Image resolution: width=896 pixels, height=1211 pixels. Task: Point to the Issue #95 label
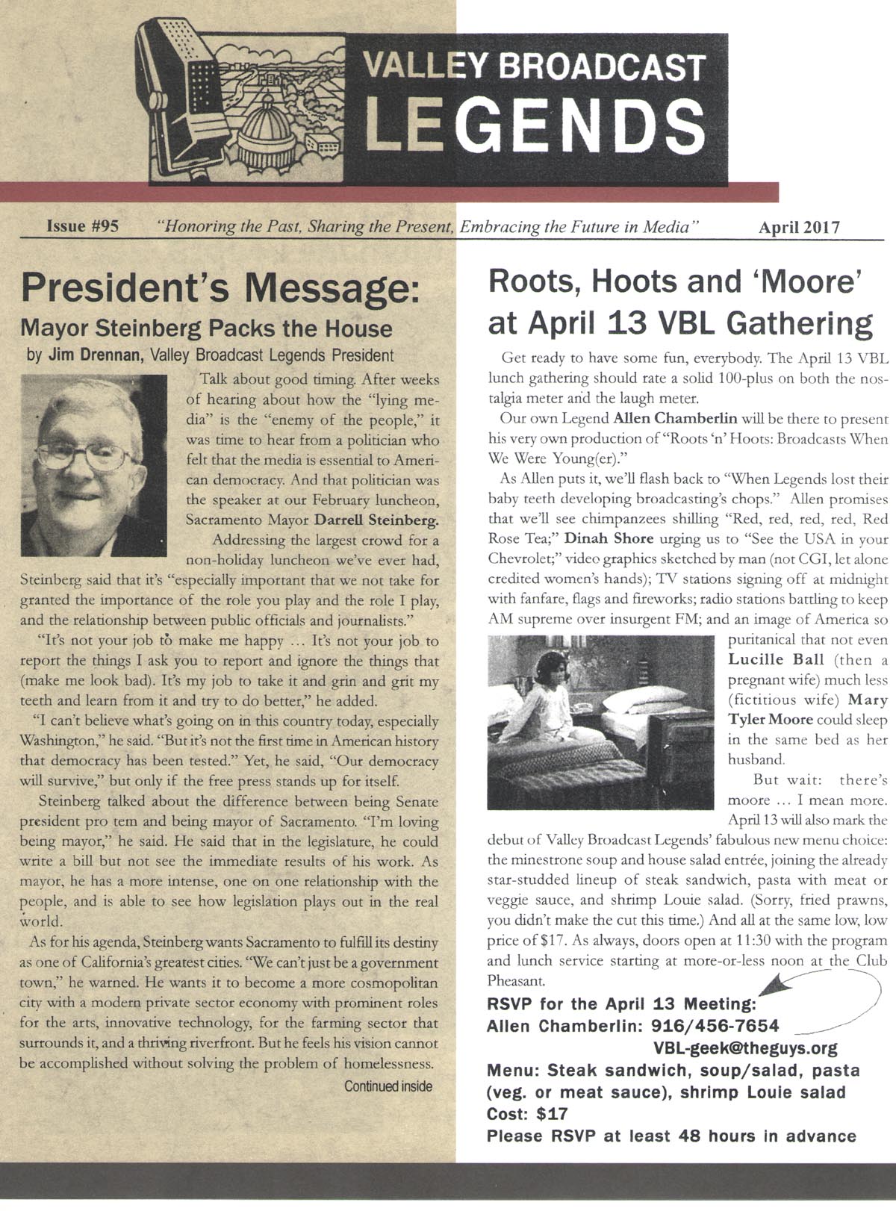tap(83, 226)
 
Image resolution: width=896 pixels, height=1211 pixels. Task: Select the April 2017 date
tap(798, 227)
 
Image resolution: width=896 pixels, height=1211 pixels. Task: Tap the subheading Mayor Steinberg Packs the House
tap(206, 329)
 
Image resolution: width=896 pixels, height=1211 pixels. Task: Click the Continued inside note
tap(388, 1086)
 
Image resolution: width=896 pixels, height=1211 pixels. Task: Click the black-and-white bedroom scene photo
tap(600, 722)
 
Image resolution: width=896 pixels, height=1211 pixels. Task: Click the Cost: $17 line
tap(527, 1114)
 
